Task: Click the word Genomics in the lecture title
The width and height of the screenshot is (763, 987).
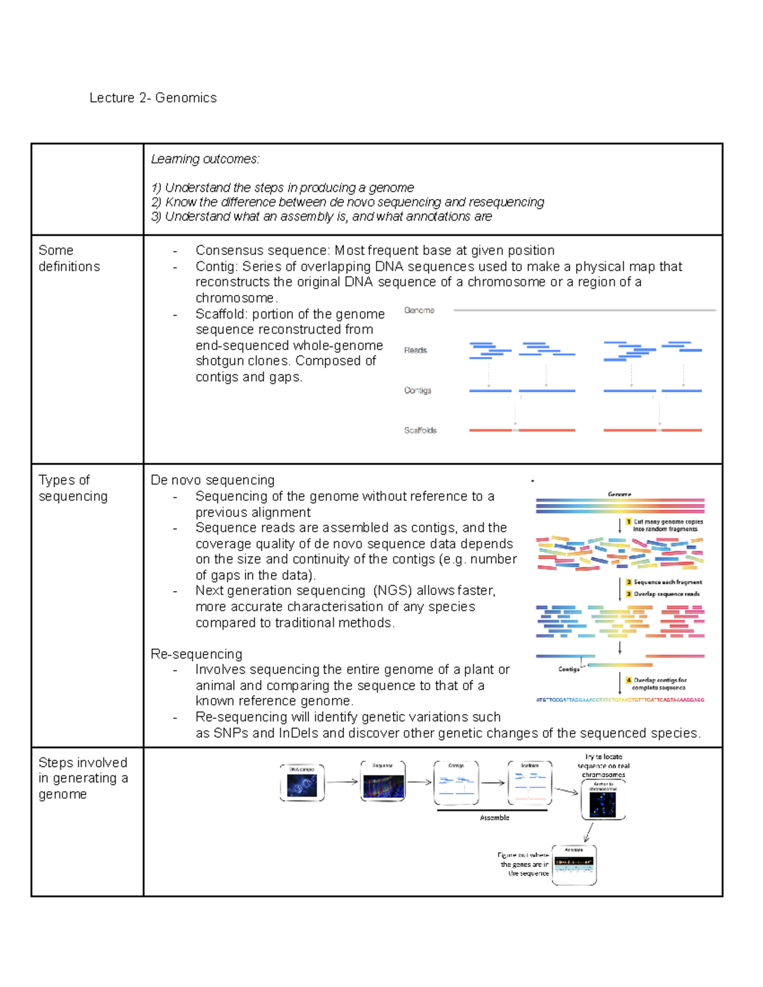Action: click(186, 98)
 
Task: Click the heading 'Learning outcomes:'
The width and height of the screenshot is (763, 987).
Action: click(205, 159)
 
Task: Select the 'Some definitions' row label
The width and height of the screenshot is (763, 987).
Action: click(69, 259)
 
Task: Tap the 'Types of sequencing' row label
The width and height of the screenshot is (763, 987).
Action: click(72, 488)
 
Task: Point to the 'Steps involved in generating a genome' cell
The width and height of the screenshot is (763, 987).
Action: click(83, 778)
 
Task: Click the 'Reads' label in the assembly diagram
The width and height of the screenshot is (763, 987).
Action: click(415, 350)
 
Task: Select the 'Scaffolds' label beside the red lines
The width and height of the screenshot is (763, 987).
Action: click(420, 430)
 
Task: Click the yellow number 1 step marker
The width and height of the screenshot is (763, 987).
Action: click(629, 521)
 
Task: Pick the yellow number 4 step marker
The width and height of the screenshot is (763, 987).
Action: click(629, 680)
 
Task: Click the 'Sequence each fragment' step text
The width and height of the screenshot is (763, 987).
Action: click(668, 582)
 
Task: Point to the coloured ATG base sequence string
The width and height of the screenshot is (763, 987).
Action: click(620, 700)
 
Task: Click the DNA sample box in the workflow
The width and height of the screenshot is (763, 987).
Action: click(302, 783)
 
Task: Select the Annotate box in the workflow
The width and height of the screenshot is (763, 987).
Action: click(574, 864)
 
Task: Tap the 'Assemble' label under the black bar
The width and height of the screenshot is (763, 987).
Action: click(494, 818)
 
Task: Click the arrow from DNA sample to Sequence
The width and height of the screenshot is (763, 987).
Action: click(342, 782)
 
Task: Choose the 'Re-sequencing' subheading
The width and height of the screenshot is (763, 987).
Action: click(196, 654)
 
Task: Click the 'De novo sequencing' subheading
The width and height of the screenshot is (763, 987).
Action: click(212, 480)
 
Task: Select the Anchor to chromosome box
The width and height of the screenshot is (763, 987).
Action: click(603, 800)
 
